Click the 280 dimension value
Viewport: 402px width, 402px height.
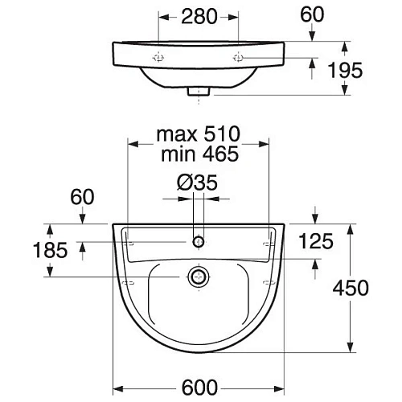pos(199,17)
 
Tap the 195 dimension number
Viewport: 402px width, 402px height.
pos(345,70)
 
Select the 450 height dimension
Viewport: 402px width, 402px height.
pos(351,288)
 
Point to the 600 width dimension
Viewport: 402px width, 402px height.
pos(199,388)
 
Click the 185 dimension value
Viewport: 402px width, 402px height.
pos(50,250)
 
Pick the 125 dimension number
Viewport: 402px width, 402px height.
pos(316,241)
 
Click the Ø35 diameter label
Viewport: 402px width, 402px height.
pos(197,183)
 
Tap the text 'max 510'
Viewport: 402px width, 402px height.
pos(199,134)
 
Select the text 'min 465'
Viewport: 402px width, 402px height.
pos(199,154)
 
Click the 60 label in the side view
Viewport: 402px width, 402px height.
pos(312,14)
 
